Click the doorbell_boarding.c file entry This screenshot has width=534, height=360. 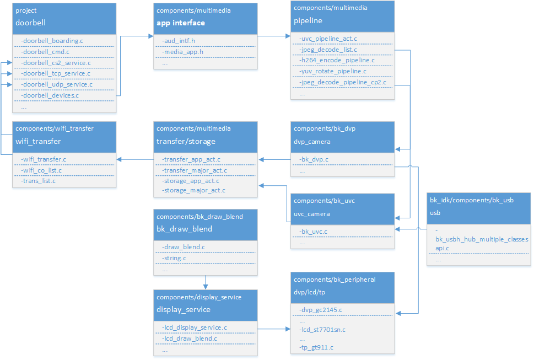point(52,41)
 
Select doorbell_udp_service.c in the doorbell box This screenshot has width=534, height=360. point(56,84)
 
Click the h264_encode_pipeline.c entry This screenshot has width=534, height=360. point(337,60)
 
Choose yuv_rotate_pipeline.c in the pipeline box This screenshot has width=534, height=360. point(333,71)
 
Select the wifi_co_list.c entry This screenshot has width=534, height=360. point(43,170)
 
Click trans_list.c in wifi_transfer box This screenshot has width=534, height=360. point(38,181)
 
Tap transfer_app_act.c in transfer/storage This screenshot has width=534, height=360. point(190,159)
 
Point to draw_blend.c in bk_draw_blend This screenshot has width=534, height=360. point(184,247)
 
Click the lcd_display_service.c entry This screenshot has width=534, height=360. point(195,327)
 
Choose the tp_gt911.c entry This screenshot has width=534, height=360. point(316,347)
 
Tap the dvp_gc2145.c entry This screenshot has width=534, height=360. point(321,310)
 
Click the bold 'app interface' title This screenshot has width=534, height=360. point(181,23)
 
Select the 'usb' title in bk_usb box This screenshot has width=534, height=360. point(435,212)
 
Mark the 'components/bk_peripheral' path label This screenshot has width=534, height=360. point(335,280)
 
